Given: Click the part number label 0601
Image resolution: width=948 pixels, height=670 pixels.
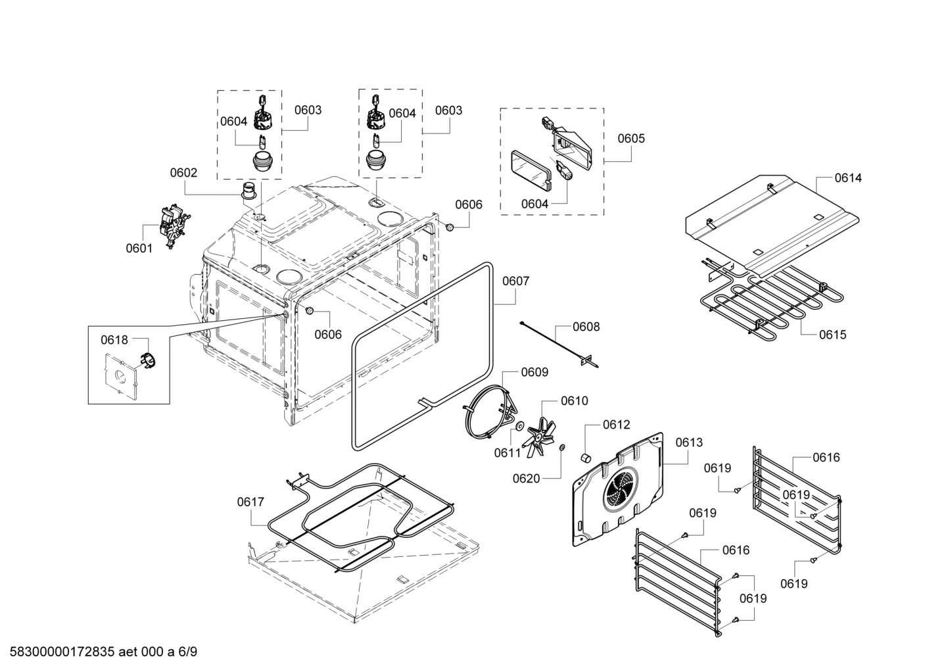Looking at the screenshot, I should coord(139,248).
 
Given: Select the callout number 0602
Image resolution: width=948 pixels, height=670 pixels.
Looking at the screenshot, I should coord(183,173).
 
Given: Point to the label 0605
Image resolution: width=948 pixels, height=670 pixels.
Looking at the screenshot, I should coord(631,139).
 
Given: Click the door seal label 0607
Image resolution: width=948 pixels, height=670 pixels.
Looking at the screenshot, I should coord(515,281).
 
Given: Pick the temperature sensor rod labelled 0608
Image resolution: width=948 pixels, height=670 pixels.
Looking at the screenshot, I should coord(556,341).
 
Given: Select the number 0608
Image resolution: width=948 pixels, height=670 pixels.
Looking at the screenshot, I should coord(586,327).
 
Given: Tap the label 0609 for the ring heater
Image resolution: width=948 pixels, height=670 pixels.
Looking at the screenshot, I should coord(534,372).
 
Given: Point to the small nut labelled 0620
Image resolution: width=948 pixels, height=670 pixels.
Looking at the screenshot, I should coord(562,448).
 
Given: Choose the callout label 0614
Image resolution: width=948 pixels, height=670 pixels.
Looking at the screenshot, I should coord(848,178).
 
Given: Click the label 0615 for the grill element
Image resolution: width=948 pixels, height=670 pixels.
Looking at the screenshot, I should coord(832,335).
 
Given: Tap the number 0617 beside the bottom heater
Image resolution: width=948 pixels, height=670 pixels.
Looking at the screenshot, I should coord(250,502).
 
